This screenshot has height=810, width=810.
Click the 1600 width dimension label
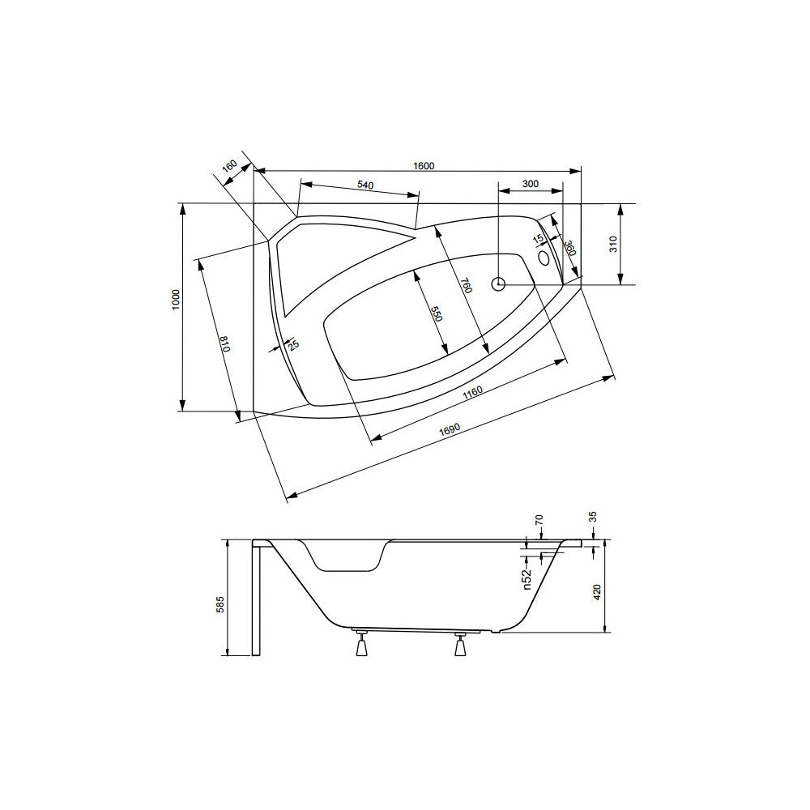pos(424,166)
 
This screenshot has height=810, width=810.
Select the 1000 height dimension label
pos(176,300)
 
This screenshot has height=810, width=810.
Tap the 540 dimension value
pos(364,185)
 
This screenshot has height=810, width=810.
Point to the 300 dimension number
pos(531,184)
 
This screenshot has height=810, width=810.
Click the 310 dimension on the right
pos(612,244)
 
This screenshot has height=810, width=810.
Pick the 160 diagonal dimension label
pos(229,167)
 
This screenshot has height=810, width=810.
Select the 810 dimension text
pos(224,343)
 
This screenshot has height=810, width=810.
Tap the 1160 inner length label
pos(473,393)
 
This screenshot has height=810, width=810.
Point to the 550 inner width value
pos(437,314)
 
